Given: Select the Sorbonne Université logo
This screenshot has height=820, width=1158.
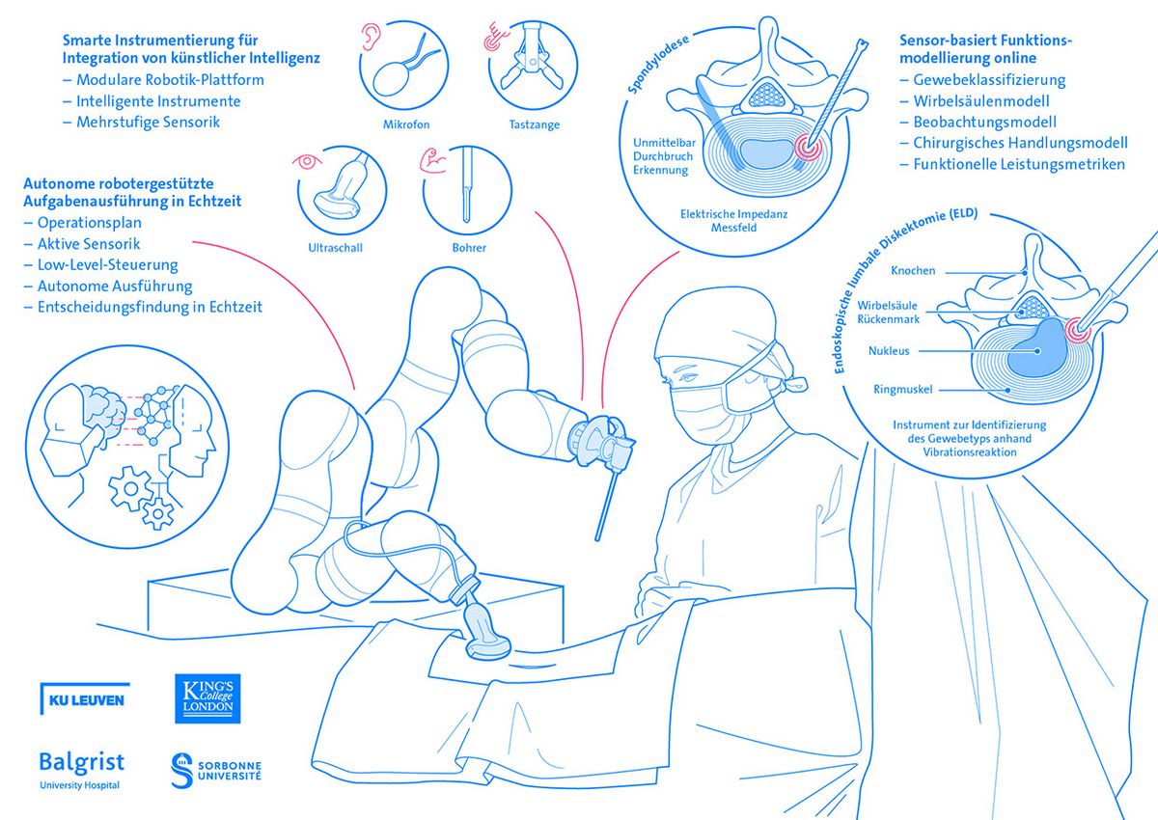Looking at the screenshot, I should pyautogui.click(x=215, y=769).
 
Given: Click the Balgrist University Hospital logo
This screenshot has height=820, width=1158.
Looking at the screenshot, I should pyautogui.click(x=82, y=769).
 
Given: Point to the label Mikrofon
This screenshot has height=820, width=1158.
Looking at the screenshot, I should pyautogui.click(x=406, y=124).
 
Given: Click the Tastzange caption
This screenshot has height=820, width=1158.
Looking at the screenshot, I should pyautogui.click(x=534, y=124).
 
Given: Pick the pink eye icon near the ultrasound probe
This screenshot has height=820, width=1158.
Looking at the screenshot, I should pyautogui.click(x=308, y=161).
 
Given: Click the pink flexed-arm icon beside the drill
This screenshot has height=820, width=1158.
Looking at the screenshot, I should pyautogui.click(x=430, y=161).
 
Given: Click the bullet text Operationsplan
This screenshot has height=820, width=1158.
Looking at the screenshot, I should pyautogui.click(x=89, y=223).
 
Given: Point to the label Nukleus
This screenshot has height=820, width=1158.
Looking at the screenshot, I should pyautogui.click(x=889, y=351).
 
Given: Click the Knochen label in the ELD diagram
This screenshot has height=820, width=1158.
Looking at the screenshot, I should pyautogui.click(x=913, y=271).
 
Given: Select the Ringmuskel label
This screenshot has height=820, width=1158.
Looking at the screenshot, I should pyautogui.click(x=896, y=390).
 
